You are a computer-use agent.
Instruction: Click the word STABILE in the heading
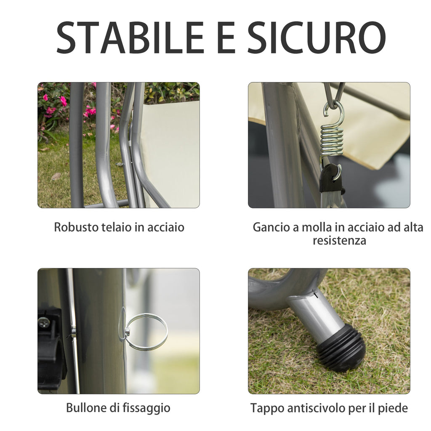[130, 37]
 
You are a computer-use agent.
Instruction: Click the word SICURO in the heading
[317, 37]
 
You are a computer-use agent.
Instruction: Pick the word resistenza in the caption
[339, 240]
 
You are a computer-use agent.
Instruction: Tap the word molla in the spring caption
[317, 227]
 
